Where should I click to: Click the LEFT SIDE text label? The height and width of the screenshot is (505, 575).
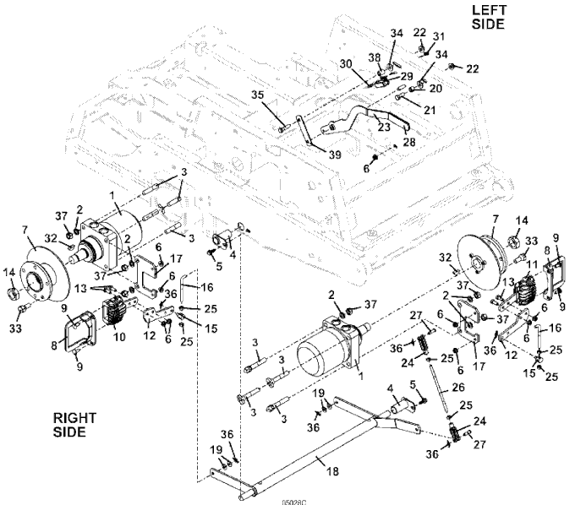point(488,17)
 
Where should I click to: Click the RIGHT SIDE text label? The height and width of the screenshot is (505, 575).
point(74,425)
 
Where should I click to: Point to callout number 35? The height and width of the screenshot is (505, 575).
point(257,95)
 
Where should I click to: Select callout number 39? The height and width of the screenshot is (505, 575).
point(335,155)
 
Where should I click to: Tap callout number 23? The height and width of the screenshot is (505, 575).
point(384,127)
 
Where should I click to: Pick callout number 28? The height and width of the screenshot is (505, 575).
point(409,141)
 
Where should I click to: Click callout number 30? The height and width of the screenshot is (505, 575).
point(346,64)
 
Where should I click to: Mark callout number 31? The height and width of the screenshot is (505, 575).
point(439,36)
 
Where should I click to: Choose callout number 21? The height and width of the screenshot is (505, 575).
point(430,110)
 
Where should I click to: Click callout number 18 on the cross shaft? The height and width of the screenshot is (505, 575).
point(332,471)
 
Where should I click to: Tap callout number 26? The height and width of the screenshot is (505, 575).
point(458,387)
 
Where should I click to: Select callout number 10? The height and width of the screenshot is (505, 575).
point(119,337)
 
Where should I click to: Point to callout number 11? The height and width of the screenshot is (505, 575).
point(532,264)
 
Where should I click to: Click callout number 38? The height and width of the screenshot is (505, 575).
point(375,57)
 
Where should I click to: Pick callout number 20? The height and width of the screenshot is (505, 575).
point(435,89)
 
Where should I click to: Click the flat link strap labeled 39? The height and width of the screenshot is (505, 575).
point(305,130)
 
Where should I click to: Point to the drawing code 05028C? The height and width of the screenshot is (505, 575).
point(293,502)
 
